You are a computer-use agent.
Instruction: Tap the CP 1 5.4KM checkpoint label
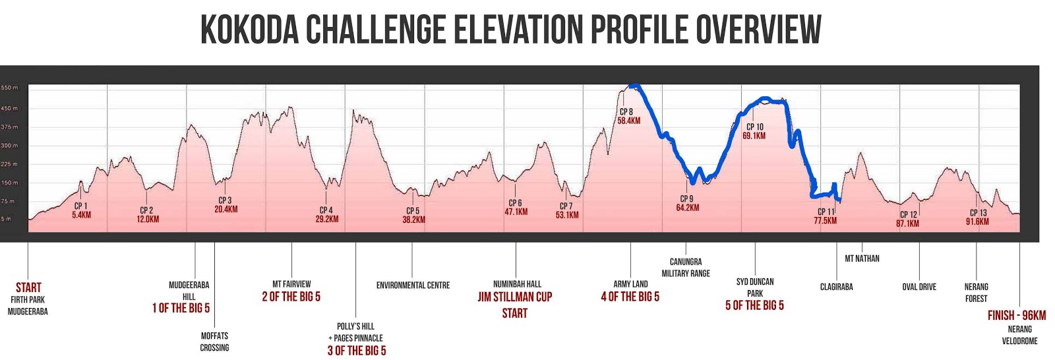(81, 210)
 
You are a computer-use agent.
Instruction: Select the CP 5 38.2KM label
(413, 216)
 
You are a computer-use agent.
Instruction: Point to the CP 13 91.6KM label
(978, 217)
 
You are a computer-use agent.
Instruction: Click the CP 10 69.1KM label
(754, 131)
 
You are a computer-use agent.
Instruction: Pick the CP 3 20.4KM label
(226, 204)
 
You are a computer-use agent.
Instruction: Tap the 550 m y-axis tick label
(9, 88)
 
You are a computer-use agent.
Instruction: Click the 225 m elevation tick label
(9, 164)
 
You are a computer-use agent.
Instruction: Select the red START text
(28, 287)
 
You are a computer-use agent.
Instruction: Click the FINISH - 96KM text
(1016, 315)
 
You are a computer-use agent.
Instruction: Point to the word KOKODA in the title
(250, 30)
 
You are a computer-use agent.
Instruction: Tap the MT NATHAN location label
(862, 258)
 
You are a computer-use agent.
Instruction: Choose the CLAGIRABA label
(836, 287)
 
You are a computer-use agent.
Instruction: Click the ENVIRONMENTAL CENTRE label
(413, 285)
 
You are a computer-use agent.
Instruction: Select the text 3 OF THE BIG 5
(357, 350)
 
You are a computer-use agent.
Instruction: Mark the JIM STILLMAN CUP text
(514, 297)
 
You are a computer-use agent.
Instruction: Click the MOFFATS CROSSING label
(214, 342)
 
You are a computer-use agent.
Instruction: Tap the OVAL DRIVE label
(919, 287)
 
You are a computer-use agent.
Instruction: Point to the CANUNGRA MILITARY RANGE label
(686, 267)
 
